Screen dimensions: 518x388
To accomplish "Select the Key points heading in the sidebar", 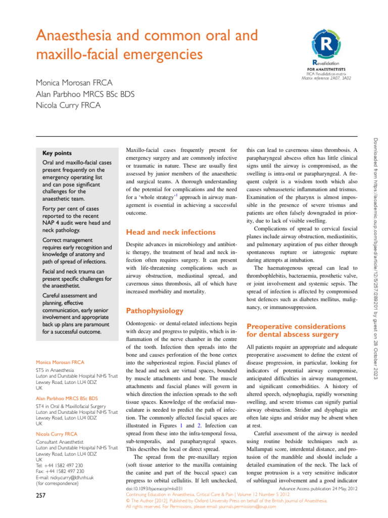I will tap(57, 153).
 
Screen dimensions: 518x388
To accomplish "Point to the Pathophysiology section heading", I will tap(154, 310).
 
